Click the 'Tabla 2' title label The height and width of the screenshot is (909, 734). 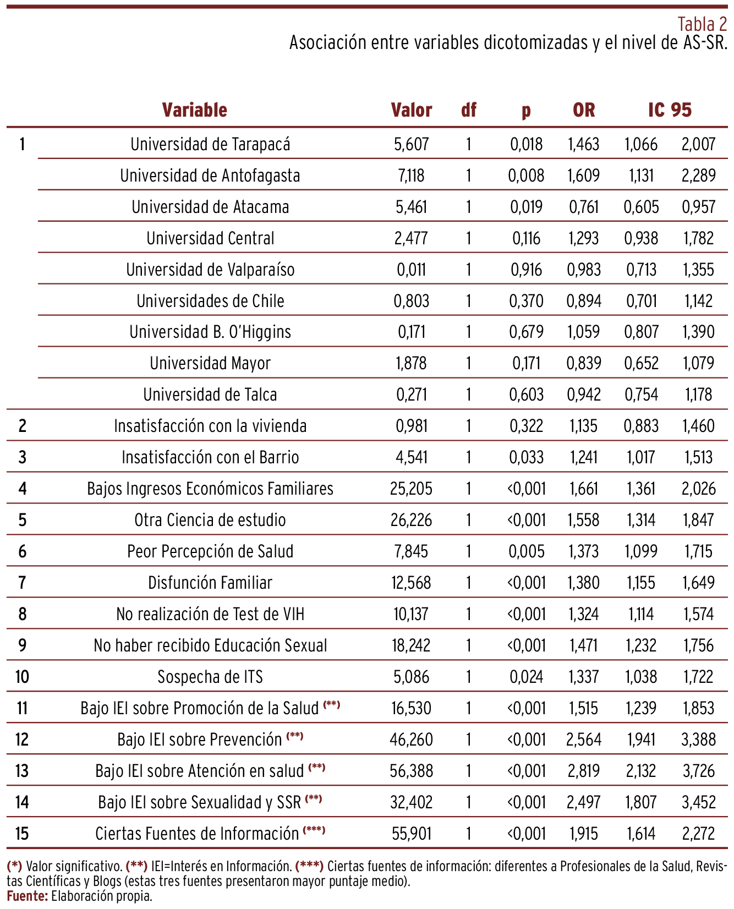tap(702, 24)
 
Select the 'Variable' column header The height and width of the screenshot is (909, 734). tap(194, 110)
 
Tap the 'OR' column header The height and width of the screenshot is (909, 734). tap(584, 110)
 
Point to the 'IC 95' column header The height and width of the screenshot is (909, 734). tap(670, 110)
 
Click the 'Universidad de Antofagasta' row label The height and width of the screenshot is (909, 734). tap(210, 176)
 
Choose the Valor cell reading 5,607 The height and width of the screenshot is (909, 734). tap(411, 144)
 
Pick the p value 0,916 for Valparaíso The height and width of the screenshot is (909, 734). tap(526, 270)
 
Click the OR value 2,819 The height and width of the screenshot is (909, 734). tap(584, 771)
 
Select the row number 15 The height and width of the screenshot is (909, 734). tap(22, 834)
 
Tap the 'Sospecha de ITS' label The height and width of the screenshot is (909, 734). tap(210, 677)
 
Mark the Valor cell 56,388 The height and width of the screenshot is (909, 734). tap(411, 771)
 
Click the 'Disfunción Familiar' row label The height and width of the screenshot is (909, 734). tap(210, 583)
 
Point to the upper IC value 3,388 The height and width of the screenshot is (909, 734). tap(698, 740)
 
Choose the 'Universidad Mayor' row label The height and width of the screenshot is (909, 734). tap(210, 363)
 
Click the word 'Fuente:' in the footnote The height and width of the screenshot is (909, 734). tap(28, 896)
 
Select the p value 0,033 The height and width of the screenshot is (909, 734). tap(526, 457)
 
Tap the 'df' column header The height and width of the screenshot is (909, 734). tap(468, 110)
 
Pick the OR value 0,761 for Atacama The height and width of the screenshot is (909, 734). tap(584, 207)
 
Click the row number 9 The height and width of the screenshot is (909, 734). tap(22, 645)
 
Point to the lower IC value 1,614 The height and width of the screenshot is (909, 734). tap(641, 834)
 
